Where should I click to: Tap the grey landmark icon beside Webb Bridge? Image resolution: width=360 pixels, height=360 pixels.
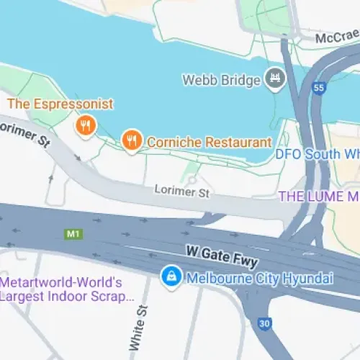274,77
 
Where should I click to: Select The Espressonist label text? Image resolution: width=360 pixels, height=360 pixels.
60,104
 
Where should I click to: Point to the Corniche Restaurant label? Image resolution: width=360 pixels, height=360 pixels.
209,143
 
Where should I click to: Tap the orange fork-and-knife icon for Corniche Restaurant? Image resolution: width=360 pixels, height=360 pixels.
130,140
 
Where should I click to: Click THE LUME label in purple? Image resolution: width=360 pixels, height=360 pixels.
318,196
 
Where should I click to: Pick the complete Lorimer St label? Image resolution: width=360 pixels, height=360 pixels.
181,192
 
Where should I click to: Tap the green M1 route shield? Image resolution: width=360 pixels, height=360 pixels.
72,234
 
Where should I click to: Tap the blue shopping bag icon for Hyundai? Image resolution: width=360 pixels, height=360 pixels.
170,276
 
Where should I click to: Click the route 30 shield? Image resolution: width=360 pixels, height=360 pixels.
264,324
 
